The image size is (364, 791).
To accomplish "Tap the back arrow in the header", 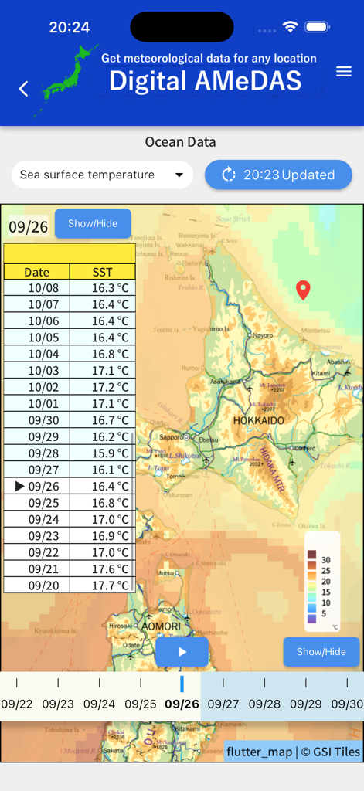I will tap(23, 89).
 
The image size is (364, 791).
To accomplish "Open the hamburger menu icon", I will tap(344, 72).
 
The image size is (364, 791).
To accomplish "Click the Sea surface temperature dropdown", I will tap(102, 175).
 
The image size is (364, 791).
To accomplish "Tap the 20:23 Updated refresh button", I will tap(278, 175).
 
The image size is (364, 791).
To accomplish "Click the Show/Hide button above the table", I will tap(93, 223).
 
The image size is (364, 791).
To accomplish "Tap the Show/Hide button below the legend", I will tap(321, 651).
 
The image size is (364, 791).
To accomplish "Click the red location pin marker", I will tap(304, 290).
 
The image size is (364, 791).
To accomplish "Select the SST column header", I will tap(102, 272).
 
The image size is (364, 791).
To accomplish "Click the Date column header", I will tap(36, 272).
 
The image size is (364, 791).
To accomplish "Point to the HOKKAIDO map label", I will tap(258, 420).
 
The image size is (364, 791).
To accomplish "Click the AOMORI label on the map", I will tap(161, 625).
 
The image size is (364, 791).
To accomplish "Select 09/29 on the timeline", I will tap(305, 704).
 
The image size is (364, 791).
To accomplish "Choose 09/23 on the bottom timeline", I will tap(58, 704).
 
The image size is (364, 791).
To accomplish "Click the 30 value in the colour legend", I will tap(326, 560).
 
